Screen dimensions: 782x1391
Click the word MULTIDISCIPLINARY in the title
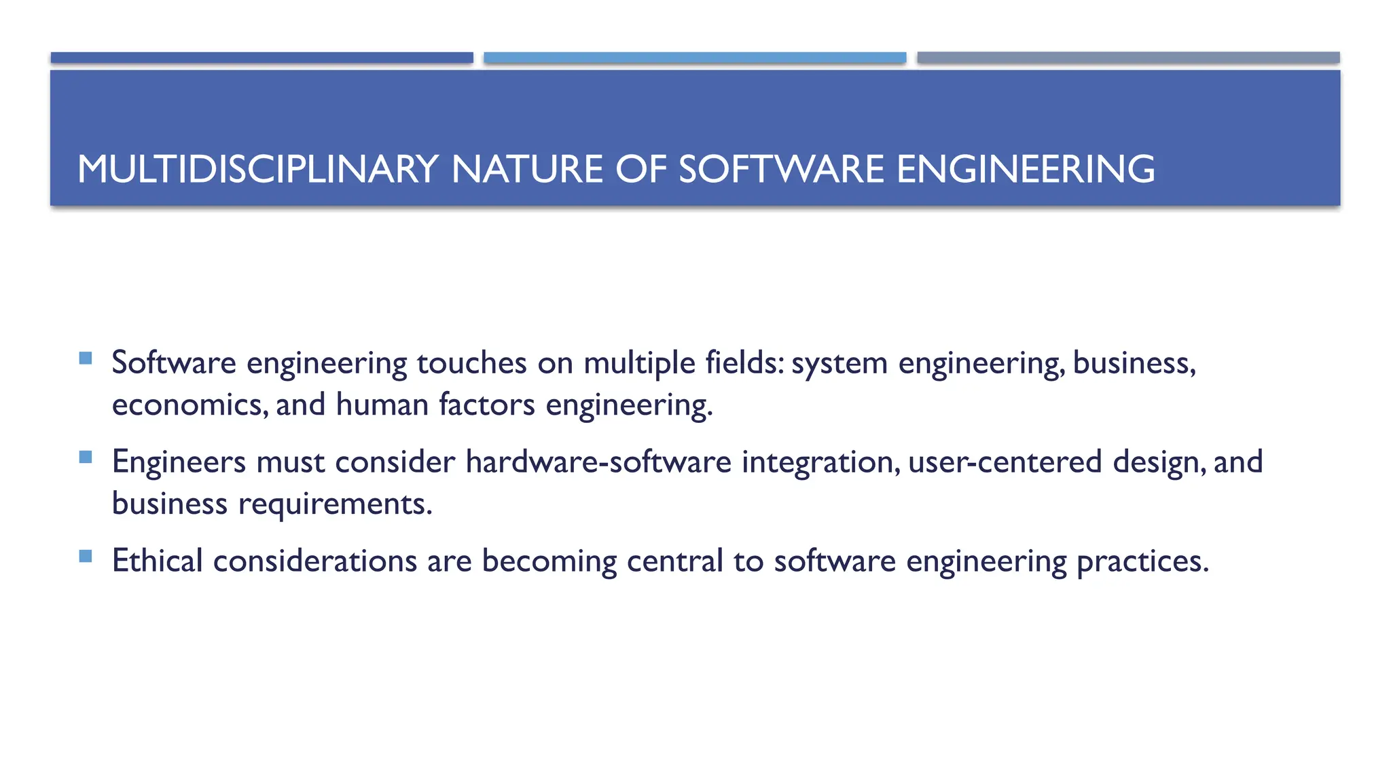pos(257,169)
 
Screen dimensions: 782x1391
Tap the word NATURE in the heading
pos(527,169)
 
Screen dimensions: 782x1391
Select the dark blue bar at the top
pos(261,58)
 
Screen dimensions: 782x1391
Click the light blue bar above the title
pos(695,58)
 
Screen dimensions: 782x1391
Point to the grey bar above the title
pos(1128,58)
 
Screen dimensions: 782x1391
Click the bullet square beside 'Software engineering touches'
pos(86,358)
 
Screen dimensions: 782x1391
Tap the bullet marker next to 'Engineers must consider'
pos(86,457)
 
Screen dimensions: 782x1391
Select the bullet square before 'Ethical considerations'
pos(86,556)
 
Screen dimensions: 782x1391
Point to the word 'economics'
pos(188,405)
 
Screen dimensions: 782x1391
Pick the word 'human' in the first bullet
pos(382,405)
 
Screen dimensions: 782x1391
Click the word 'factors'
pos(487,405)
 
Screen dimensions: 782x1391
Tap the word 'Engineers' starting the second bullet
pos(179,462)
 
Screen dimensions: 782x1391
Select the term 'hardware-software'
pos(598,462)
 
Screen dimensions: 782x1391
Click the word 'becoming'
pos(549,562)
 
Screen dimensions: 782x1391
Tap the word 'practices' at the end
pos(1142,562)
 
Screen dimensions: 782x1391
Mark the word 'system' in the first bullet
pos(839,364)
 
